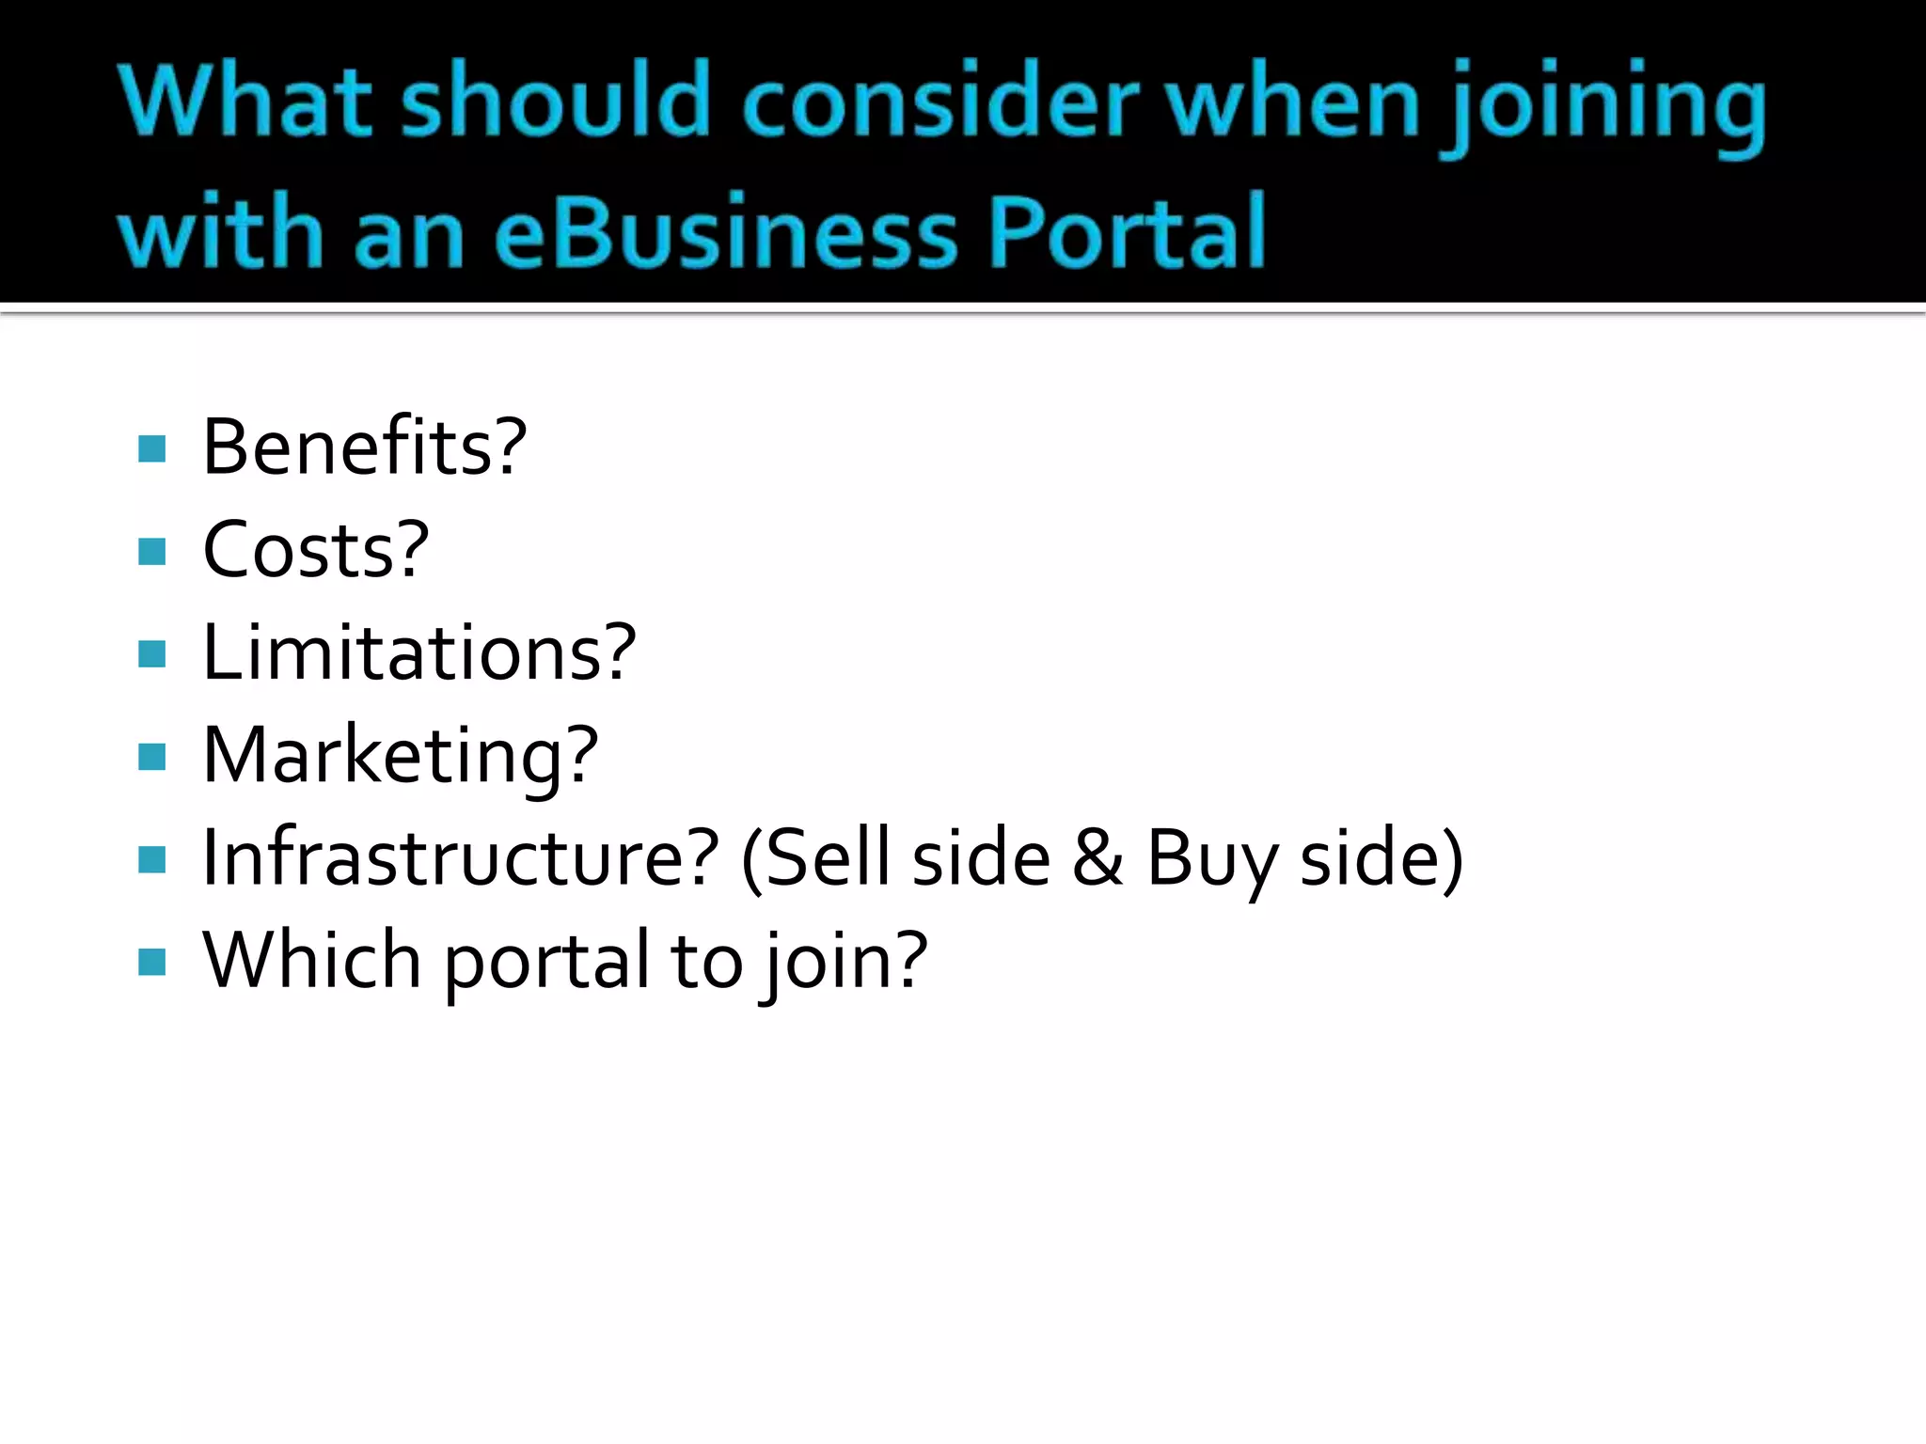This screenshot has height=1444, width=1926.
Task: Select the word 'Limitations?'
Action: pos(419,652)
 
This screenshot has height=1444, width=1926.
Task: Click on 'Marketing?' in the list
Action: pos(401,756)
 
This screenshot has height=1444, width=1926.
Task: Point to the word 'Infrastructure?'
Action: pos(461,857)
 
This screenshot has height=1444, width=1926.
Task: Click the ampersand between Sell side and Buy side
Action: pos(1097,857)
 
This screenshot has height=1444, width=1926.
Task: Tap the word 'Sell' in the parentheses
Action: pos(829,857)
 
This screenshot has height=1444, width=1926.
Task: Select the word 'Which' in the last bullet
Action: pos(311,960)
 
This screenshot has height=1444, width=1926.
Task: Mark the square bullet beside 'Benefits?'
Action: pos(151,448)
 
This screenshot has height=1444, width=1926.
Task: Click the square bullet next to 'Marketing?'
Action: pos(151,757)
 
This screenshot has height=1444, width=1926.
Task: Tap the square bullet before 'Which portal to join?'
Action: pos(151,962)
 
